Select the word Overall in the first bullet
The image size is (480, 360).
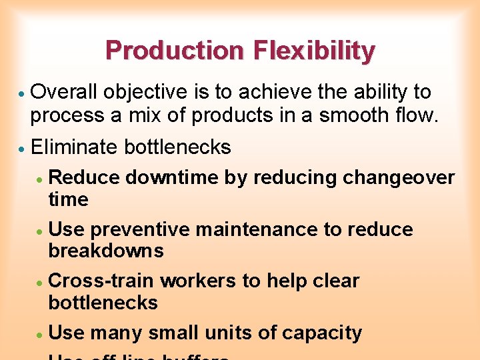point(63,92)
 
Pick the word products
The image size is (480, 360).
point(232,115)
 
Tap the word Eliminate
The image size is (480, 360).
point(75,147)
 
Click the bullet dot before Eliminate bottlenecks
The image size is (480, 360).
point(21,148)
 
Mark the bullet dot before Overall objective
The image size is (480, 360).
point(21,93)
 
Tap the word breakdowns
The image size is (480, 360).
point(106,251)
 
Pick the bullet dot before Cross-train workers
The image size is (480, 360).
point(40,283)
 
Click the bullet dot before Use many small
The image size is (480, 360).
point(40,334)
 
